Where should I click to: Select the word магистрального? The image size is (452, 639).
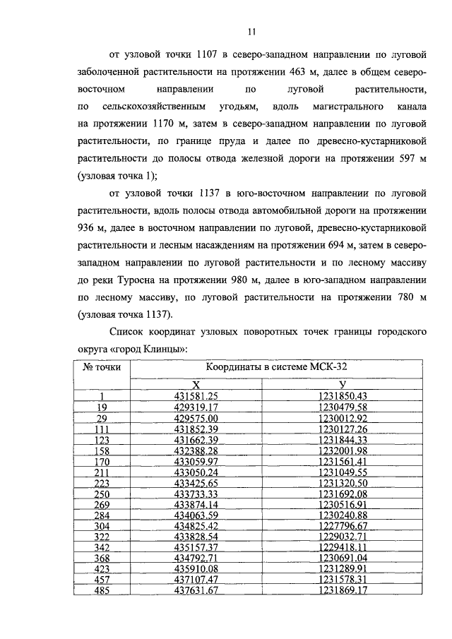(347, 107)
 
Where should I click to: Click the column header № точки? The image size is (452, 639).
(102, 369)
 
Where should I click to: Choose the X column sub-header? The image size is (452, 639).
(197, 384)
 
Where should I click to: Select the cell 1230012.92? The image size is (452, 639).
(343, 419)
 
